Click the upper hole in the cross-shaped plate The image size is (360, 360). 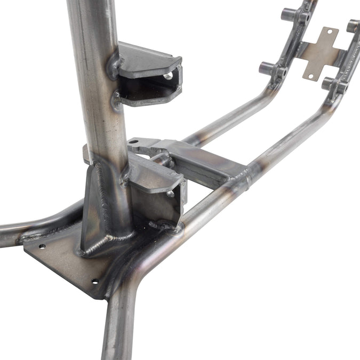(329, 31)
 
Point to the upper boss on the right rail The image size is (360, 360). (353, 25)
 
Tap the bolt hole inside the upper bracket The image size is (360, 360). (168, 77)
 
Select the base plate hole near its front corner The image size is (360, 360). (95, 282)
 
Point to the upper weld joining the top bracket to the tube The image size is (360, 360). (114, 65)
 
